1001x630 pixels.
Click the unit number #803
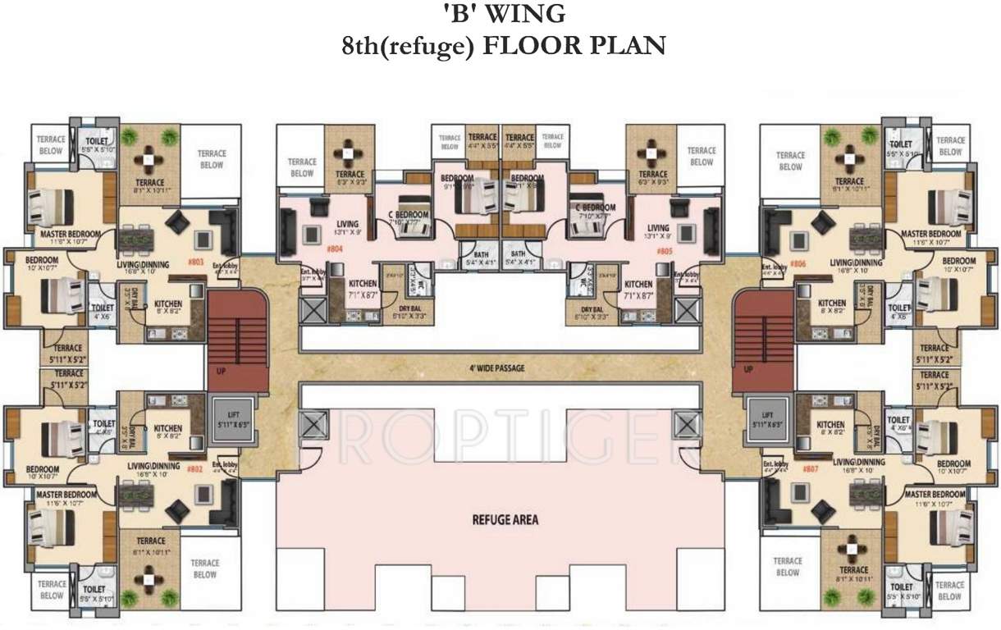pyautogui.click(x=195, y=262)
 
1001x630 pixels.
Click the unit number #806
pyautogui.click(x=798, y=265)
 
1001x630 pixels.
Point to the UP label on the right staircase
pyautogui.click(x=747, y=371)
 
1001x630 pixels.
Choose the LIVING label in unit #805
pyautogui.click(x=659, y=228)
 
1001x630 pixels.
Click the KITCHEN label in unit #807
pyautogui.click(x=831, y=424)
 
